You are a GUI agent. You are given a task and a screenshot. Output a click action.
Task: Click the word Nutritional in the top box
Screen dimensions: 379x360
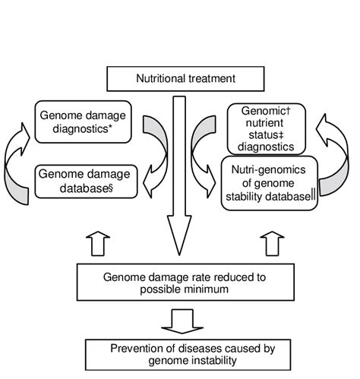159,77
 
